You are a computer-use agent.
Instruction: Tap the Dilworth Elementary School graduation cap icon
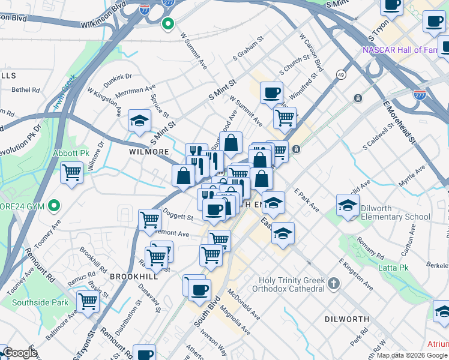coord(348,205)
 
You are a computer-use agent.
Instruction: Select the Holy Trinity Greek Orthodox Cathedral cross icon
coord(334,282)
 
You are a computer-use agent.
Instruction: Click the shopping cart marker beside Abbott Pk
coord(72,173)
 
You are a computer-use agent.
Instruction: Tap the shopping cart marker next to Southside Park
coord(88,301)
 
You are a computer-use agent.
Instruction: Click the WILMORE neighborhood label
coord(149,152)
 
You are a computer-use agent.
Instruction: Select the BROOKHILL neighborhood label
coord(133,276)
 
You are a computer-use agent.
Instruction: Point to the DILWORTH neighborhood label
coord(345,319)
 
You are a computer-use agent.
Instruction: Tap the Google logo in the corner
coord(19,353)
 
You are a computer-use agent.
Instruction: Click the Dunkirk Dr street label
coord(117,77)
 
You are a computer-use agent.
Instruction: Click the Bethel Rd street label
coord(25,90)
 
